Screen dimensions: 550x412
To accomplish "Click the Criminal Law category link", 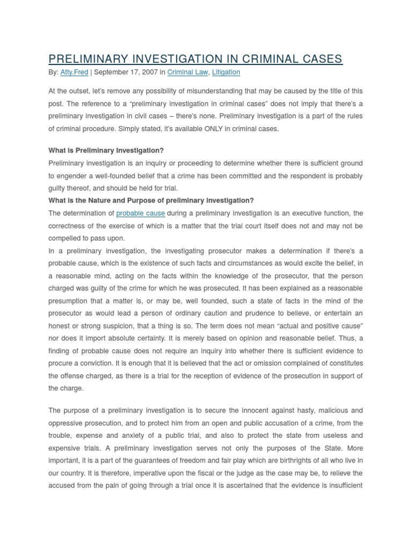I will [187, 72].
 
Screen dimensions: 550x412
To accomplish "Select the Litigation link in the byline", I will [226, 72].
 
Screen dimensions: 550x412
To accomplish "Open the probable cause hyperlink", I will [140, 213].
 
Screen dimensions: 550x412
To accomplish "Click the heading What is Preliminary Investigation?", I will [106, 150].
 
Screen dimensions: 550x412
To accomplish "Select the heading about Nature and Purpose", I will [151, 200].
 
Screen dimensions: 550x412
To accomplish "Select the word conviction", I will [101, 363].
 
